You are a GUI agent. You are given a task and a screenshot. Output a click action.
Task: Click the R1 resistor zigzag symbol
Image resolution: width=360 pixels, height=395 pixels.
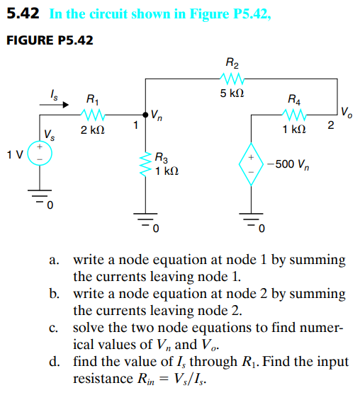tap(93, 114)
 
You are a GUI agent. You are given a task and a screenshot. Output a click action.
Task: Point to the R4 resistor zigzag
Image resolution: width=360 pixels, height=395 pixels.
tap(293, 114)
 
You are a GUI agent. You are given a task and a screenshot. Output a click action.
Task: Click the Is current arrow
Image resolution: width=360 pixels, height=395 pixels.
tap(55, 105)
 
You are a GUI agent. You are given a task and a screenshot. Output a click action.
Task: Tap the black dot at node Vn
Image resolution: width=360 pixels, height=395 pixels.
tap(146, 114)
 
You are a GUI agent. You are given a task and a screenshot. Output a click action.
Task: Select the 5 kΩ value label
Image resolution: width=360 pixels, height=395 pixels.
tap(233, 93)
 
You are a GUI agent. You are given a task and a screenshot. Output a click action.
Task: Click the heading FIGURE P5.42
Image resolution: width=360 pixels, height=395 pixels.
tap(49, 40)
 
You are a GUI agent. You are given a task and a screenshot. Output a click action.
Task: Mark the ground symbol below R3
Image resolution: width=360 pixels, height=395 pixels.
tap(146, 220)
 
